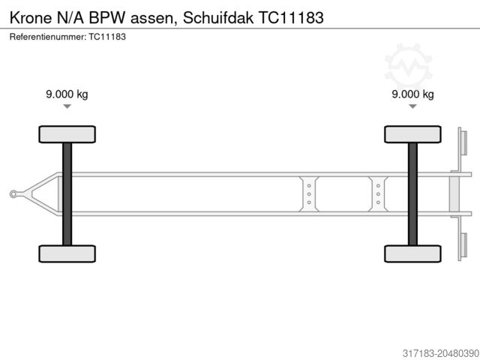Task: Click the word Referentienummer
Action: pos(47,36)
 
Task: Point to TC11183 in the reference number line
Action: pos(106,36)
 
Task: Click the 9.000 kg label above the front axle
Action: pos(67,94)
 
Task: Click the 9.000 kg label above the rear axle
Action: pos(412,94)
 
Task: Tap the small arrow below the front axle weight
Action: pos(67,107)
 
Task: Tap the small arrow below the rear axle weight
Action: pos(412,107)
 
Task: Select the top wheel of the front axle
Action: pos(67,134)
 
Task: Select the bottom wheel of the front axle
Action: pos(67,253)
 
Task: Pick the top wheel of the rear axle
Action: pos(412,134)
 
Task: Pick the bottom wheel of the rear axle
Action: pos(412,253)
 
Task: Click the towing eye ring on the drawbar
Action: pos(13,194)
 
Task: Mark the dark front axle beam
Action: pos(67,193)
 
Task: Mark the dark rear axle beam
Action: pos(412,193)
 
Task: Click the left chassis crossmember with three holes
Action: pos(308,194)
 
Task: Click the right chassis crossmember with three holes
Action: pos(377,194)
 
